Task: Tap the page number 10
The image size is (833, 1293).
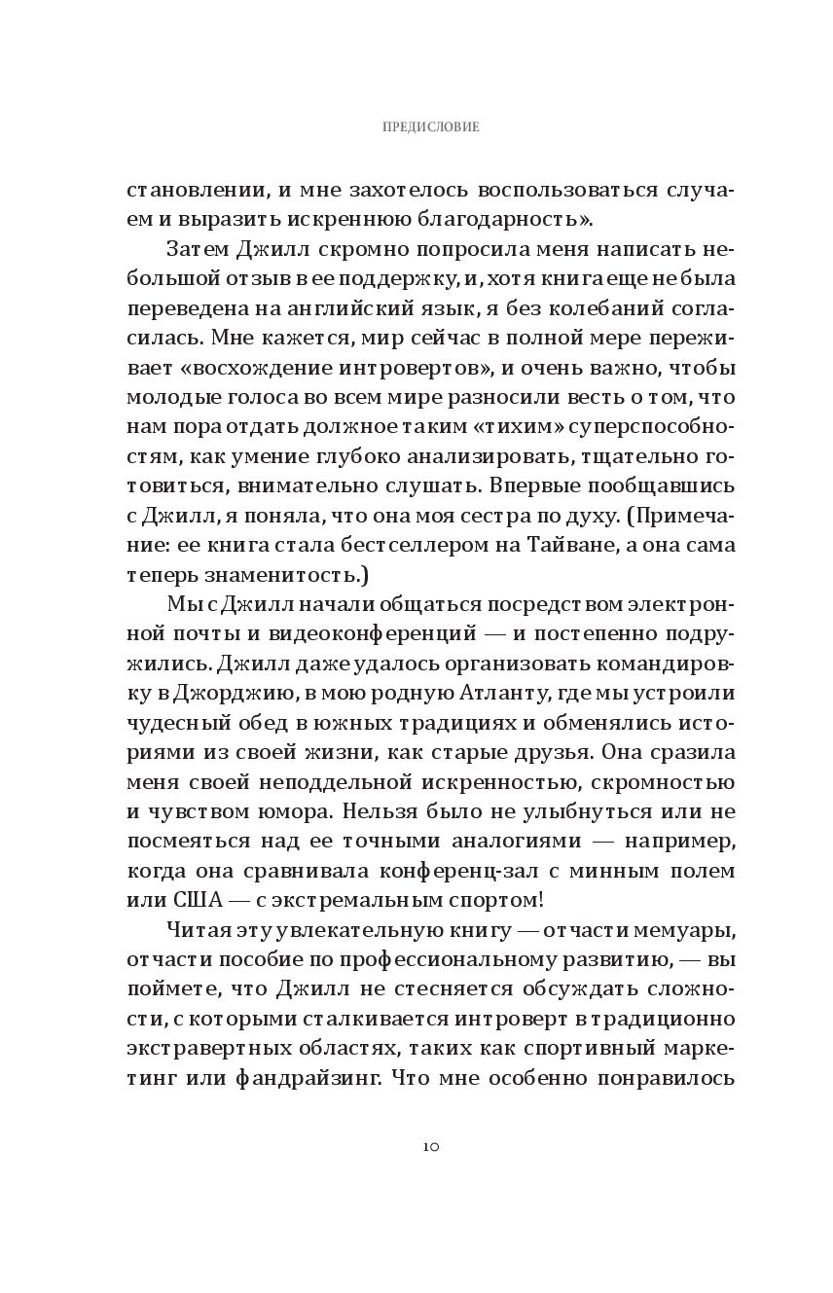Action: pyautogui.click(x=431, y=1146)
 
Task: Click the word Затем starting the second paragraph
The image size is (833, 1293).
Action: pyautogui.click(x=198, y=249)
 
